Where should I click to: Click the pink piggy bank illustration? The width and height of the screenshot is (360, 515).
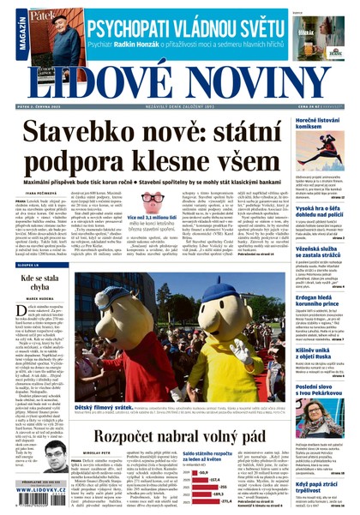coord(153,202)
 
